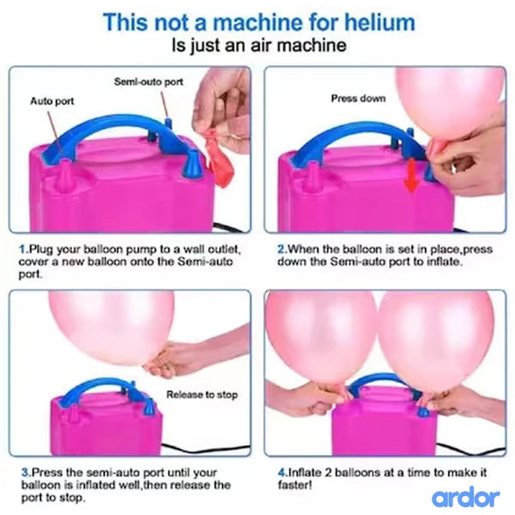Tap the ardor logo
click(464, 496)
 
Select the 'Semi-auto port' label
click(148, 82)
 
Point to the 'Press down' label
click(358, 99)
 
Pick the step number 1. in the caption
click(23, 248)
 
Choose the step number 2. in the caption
click(282, 248)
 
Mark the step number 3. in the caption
click(23, 471)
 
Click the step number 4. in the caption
click(282, 471)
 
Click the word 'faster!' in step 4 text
click(299, 485)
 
